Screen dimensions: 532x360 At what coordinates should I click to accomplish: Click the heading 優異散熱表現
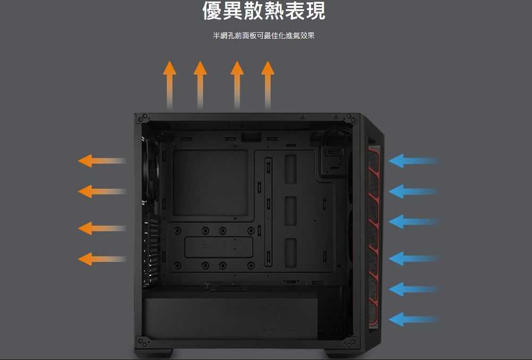pos(264,10)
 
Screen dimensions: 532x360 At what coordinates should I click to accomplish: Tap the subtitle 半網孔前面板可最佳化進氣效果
pos(264,35)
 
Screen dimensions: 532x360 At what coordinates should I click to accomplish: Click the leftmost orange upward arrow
pos(170,85)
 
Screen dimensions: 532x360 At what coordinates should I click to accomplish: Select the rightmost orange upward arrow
pos(268,85)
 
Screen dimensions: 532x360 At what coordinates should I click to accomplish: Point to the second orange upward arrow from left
pos(200,85)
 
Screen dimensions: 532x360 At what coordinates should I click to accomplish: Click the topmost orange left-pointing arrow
pos(102,161)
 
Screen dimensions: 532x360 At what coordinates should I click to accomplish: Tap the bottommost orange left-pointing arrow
pos(102,259)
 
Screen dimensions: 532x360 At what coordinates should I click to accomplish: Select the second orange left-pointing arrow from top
pos(102,191)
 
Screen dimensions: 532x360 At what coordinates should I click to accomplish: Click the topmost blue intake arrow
pos(413,161)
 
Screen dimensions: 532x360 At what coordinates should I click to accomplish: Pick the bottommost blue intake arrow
pos(413,320)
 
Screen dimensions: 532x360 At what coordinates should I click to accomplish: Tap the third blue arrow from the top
pos(413,222)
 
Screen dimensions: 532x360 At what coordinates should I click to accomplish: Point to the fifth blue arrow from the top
pos(413,289)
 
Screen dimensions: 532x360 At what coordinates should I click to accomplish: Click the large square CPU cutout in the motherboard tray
pos(210,183)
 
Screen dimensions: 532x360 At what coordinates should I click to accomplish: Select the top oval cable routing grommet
pos(290,169)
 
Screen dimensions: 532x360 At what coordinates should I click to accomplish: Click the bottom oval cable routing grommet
pos(290,253)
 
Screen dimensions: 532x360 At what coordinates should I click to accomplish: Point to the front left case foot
pos(154,353)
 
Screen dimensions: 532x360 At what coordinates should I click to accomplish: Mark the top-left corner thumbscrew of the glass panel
pos(142,118)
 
